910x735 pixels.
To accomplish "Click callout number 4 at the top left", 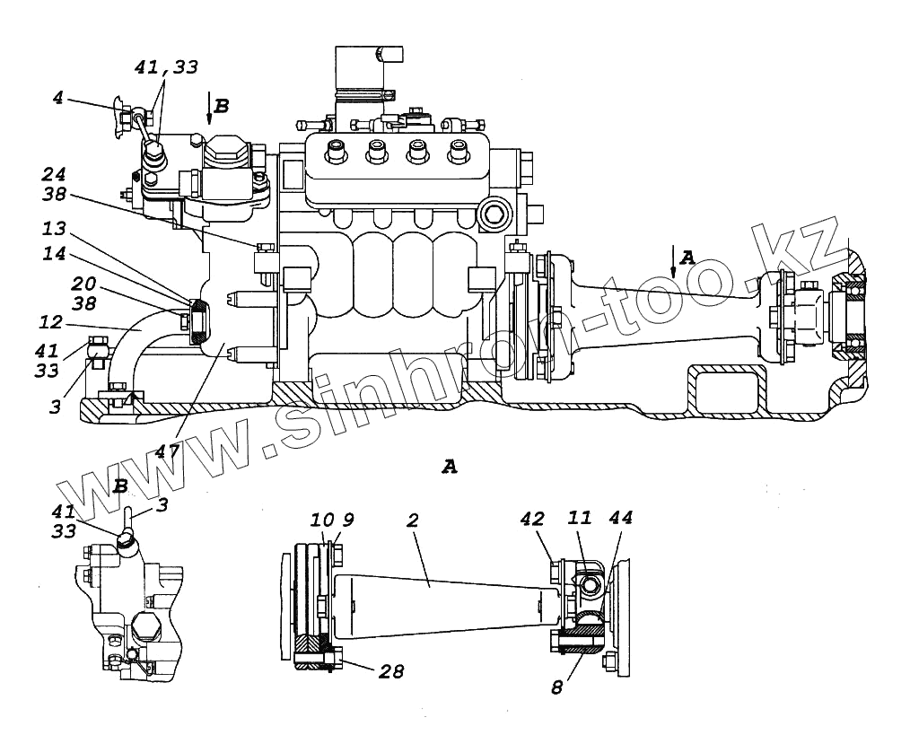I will [57, 97].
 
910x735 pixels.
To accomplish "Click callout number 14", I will [55, 255].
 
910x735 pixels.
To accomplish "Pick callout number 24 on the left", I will [55, 174].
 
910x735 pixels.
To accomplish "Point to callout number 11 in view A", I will [580, 518].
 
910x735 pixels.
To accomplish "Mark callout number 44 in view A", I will [620, 518].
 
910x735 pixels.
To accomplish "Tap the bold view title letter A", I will [450, 466].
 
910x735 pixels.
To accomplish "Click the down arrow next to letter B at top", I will [209, 107].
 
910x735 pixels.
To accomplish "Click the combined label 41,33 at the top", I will [166, 67].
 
